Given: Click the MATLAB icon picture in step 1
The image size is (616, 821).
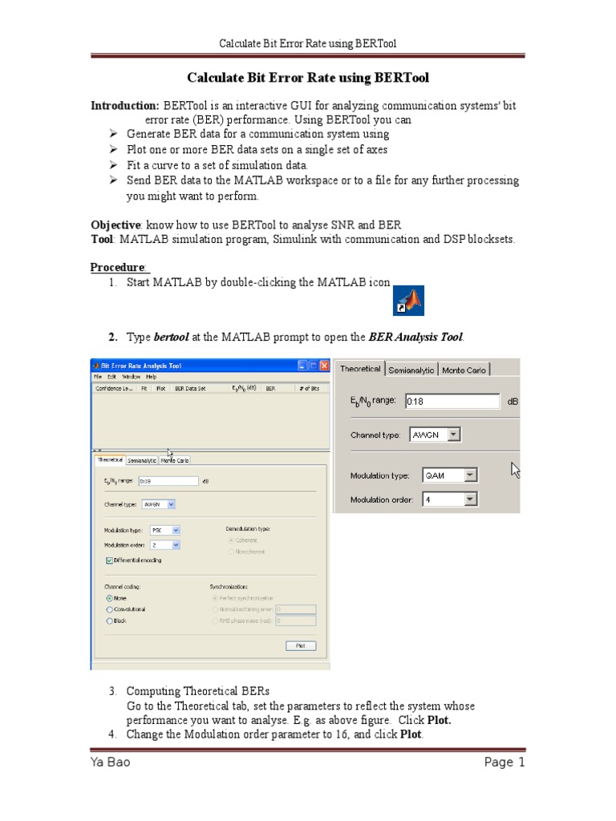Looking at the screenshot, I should [410, 301].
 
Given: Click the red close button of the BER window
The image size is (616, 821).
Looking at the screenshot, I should [324, 366].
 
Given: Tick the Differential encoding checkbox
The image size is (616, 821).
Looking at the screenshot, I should [109, 560].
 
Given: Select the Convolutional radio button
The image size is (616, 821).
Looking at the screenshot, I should [109, 609].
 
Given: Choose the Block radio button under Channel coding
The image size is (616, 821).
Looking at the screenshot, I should [109, 621].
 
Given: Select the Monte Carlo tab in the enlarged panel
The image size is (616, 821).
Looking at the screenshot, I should [464, 370].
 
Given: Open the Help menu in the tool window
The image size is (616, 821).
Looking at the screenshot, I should [151, 376].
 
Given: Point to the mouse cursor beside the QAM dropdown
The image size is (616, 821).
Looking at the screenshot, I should [516, 470].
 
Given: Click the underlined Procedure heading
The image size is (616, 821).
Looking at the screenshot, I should [117, 267].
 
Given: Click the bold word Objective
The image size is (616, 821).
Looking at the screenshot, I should [115, 224].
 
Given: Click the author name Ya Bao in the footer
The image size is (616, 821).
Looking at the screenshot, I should [110, 762].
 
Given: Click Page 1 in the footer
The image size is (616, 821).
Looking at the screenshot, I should [505, 762].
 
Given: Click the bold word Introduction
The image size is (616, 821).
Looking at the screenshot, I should [124, 106].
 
